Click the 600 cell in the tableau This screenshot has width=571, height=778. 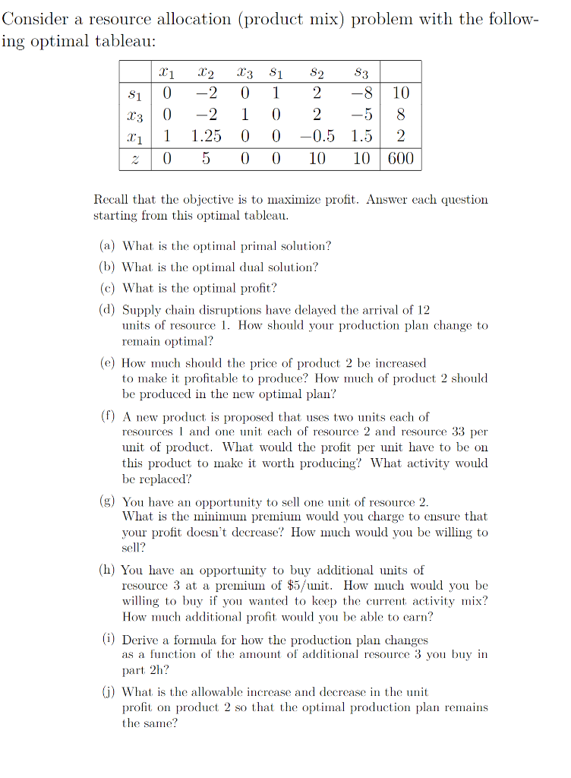401,158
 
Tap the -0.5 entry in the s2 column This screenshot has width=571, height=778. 317,136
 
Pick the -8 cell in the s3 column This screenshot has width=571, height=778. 361,93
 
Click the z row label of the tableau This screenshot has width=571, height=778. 135,158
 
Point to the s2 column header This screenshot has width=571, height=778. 317,73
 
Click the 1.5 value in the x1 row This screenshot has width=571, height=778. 361,136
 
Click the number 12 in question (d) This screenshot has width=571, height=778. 424,310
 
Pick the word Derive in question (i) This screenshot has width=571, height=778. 140,640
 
